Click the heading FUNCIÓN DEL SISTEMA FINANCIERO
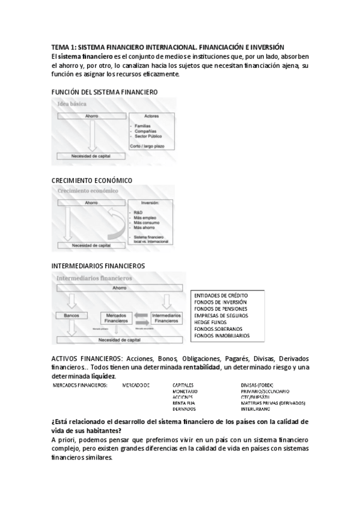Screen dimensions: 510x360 pos(105,92)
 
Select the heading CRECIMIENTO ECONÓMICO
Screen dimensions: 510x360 pos(91,180)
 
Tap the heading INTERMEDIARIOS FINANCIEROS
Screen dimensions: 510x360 pos(99,265)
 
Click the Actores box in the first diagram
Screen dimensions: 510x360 pos(151,130)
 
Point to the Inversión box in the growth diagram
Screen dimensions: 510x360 pos(151,221)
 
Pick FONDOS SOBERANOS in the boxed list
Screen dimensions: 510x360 pos(218,329)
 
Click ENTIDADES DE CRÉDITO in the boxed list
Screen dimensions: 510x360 pos(221,296)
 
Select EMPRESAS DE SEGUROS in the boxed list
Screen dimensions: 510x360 pos(221,315)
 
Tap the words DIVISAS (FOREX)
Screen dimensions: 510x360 pos(257,385)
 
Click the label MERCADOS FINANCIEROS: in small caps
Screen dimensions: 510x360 pos(80,385)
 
